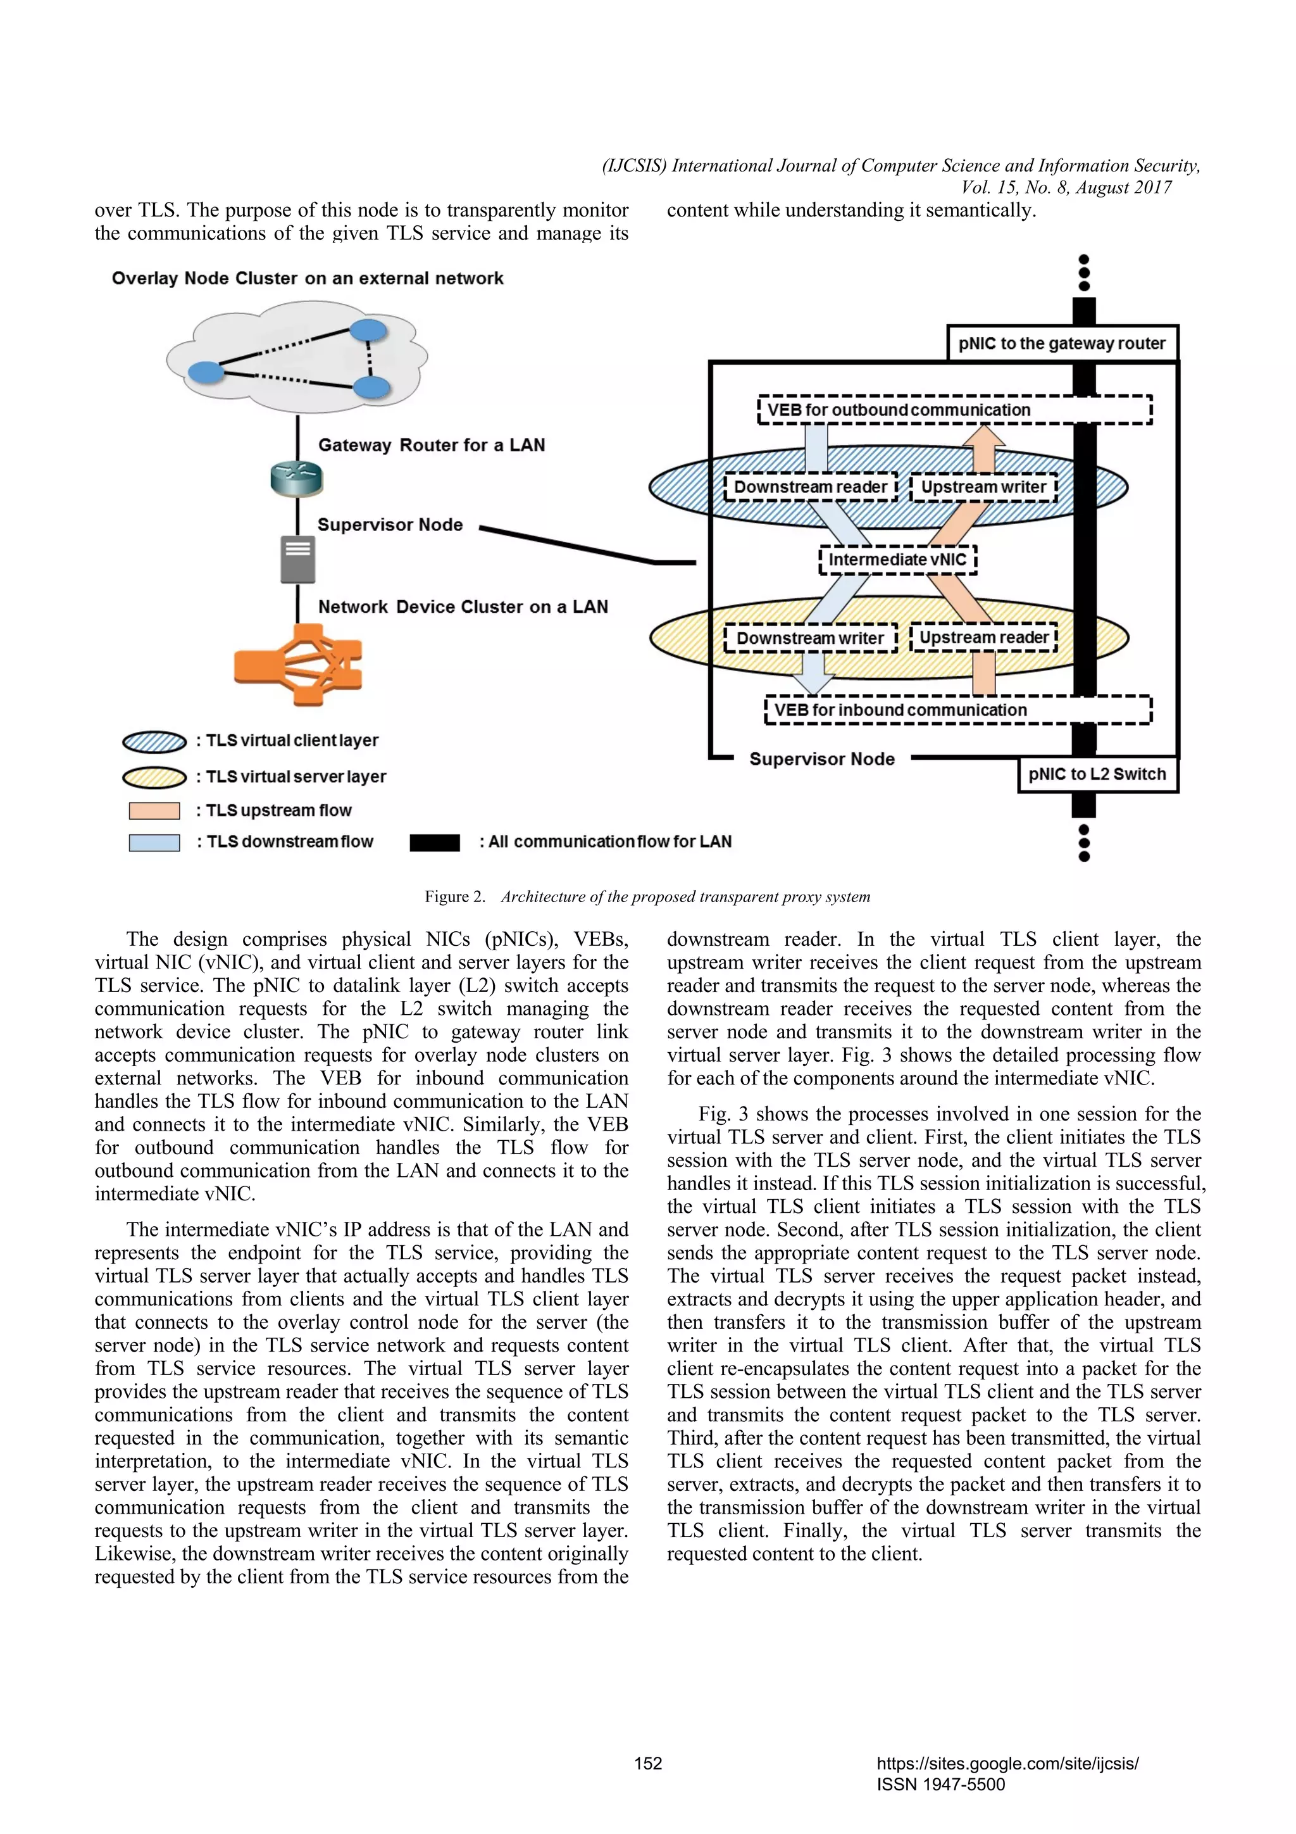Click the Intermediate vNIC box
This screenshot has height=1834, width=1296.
[x=897, y=560]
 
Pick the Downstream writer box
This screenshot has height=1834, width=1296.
[x=810, y=638]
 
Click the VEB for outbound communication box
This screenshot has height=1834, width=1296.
[x=954, y=410]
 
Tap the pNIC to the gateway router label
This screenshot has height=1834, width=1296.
[x=1062, y=344]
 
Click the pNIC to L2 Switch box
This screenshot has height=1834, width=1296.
[x=1097, y=774]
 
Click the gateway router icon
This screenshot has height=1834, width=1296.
[x=297, y=479]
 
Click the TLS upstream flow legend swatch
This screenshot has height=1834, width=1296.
[x=154, y=811]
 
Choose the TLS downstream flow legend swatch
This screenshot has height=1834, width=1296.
[x=154, y=843]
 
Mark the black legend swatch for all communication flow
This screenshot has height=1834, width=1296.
[x=434, y=843]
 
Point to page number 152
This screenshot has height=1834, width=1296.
[x=647, y=1764]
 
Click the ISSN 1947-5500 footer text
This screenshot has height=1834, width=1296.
[x=940, y=1785]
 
